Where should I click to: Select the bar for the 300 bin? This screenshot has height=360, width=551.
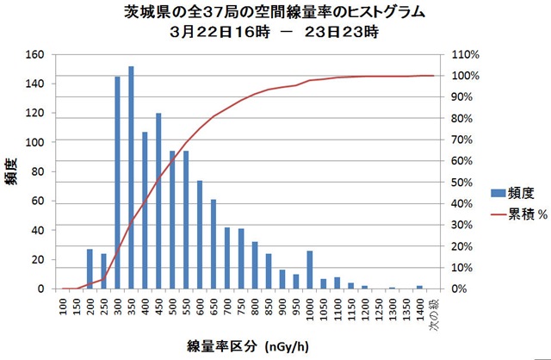coord(117,183)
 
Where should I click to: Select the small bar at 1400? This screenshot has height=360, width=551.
coord(419,287)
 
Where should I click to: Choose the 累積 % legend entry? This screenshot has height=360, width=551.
coord(511,215)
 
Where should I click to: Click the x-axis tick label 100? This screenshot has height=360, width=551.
coord(63,307)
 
